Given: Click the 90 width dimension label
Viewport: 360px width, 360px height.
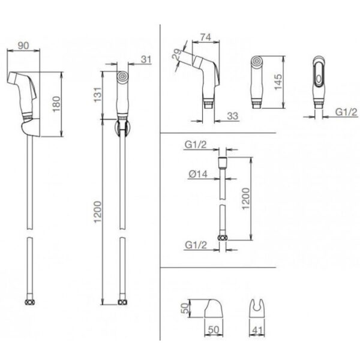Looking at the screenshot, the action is pos(23,46).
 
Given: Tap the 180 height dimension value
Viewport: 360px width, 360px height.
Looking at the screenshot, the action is pos(56,104).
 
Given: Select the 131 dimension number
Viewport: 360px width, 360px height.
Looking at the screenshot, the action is pos(97,95).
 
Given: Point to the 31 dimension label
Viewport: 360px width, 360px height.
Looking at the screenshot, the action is pos(146,59).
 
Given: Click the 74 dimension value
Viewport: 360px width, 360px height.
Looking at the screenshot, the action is pos(205,37).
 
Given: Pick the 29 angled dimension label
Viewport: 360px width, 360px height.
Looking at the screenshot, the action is pos(177,55).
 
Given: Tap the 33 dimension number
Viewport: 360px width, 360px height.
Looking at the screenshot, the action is pos(233,116).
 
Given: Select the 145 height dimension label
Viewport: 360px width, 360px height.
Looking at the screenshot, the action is pos(278,82).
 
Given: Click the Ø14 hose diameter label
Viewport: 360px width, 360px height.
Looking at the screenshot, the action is pos(198,174).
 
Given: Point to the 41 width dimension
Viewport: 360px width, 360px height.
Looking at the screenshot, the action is pos(257,331).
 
